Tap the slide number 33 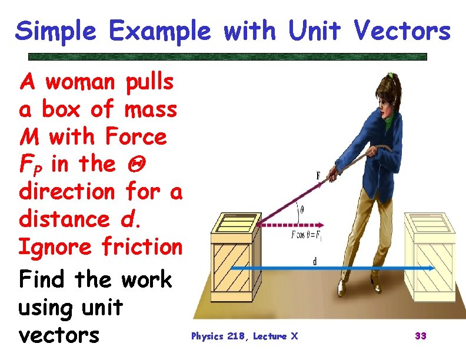click(421, 336)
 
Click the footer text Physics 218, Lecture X click(244, 336)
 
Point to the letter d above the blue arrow click(315, 261)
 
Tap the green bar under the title click(228, 57)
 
